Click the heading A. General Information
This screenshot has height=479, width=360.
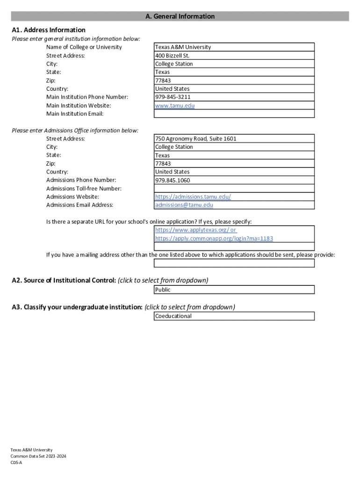pos(180,16)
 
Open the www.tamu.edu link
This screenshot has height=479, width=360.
pos(175,106)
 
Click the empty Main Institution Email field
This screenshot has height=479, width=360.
pos(234,114)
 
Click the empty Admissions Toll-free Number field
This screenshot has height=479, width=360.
pos(234,189)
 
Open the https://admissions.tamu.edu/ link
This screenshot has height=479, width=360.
pos(193,197)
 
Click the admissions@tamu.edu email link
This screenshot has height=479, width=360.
pos(184,205)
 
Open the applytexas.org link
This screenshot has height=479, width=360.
pos(195,230)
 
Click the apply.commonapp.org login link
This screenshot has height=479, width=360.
pos(214,239)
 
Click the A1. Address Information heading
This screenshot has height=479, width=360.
pos(49,30)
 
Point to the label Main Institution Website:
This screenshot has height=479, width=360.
pos(79,106)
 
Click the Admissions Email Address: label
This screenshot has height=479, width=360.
pos(79,205)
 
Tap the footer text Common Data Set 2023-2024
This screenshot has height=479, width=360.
pos(39,456)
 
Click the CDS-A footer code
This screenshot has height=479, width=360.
pos(17,462)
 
